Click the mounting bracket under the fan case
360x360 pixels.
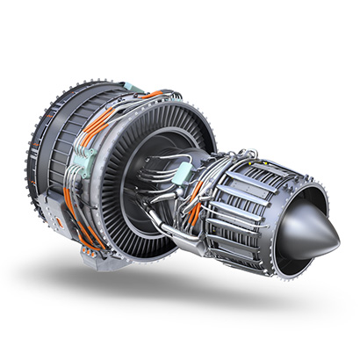pos(92,256)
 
